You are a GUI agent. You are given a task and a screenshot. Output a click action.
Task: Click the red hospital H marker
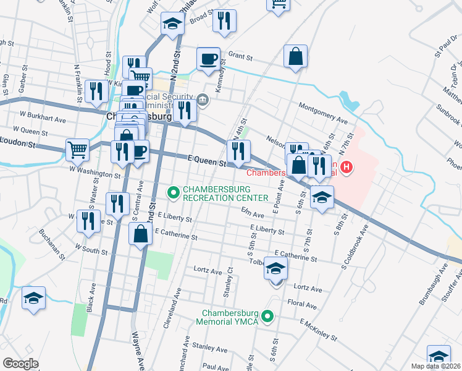tap(347, 167)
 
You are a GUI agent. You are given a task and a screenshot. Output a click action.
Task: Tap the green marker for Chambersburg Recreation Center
tap(174, 194)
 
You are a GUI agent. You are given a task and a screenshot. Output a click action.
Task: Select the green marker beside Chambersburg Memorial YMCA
tap(267, 317)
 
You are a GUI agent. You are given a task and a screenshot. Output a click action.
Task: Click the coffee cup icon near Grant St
tap(208, 59)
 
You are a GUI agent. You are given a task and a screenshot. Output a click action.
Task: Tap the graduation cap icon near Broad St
tap(172, 24)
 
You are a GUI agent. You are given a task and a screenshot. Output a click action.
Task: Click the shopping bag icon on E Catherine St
tap(140, 234)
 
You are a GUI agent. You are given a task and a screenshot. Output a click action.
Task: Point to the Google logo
tap(20, 364)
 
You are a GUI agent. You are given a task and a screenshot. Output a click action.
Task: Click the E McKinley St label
tap(319, 331)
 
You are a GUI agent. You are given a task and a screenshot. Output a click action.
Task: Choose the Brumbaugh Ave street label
tap(434, 286)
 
